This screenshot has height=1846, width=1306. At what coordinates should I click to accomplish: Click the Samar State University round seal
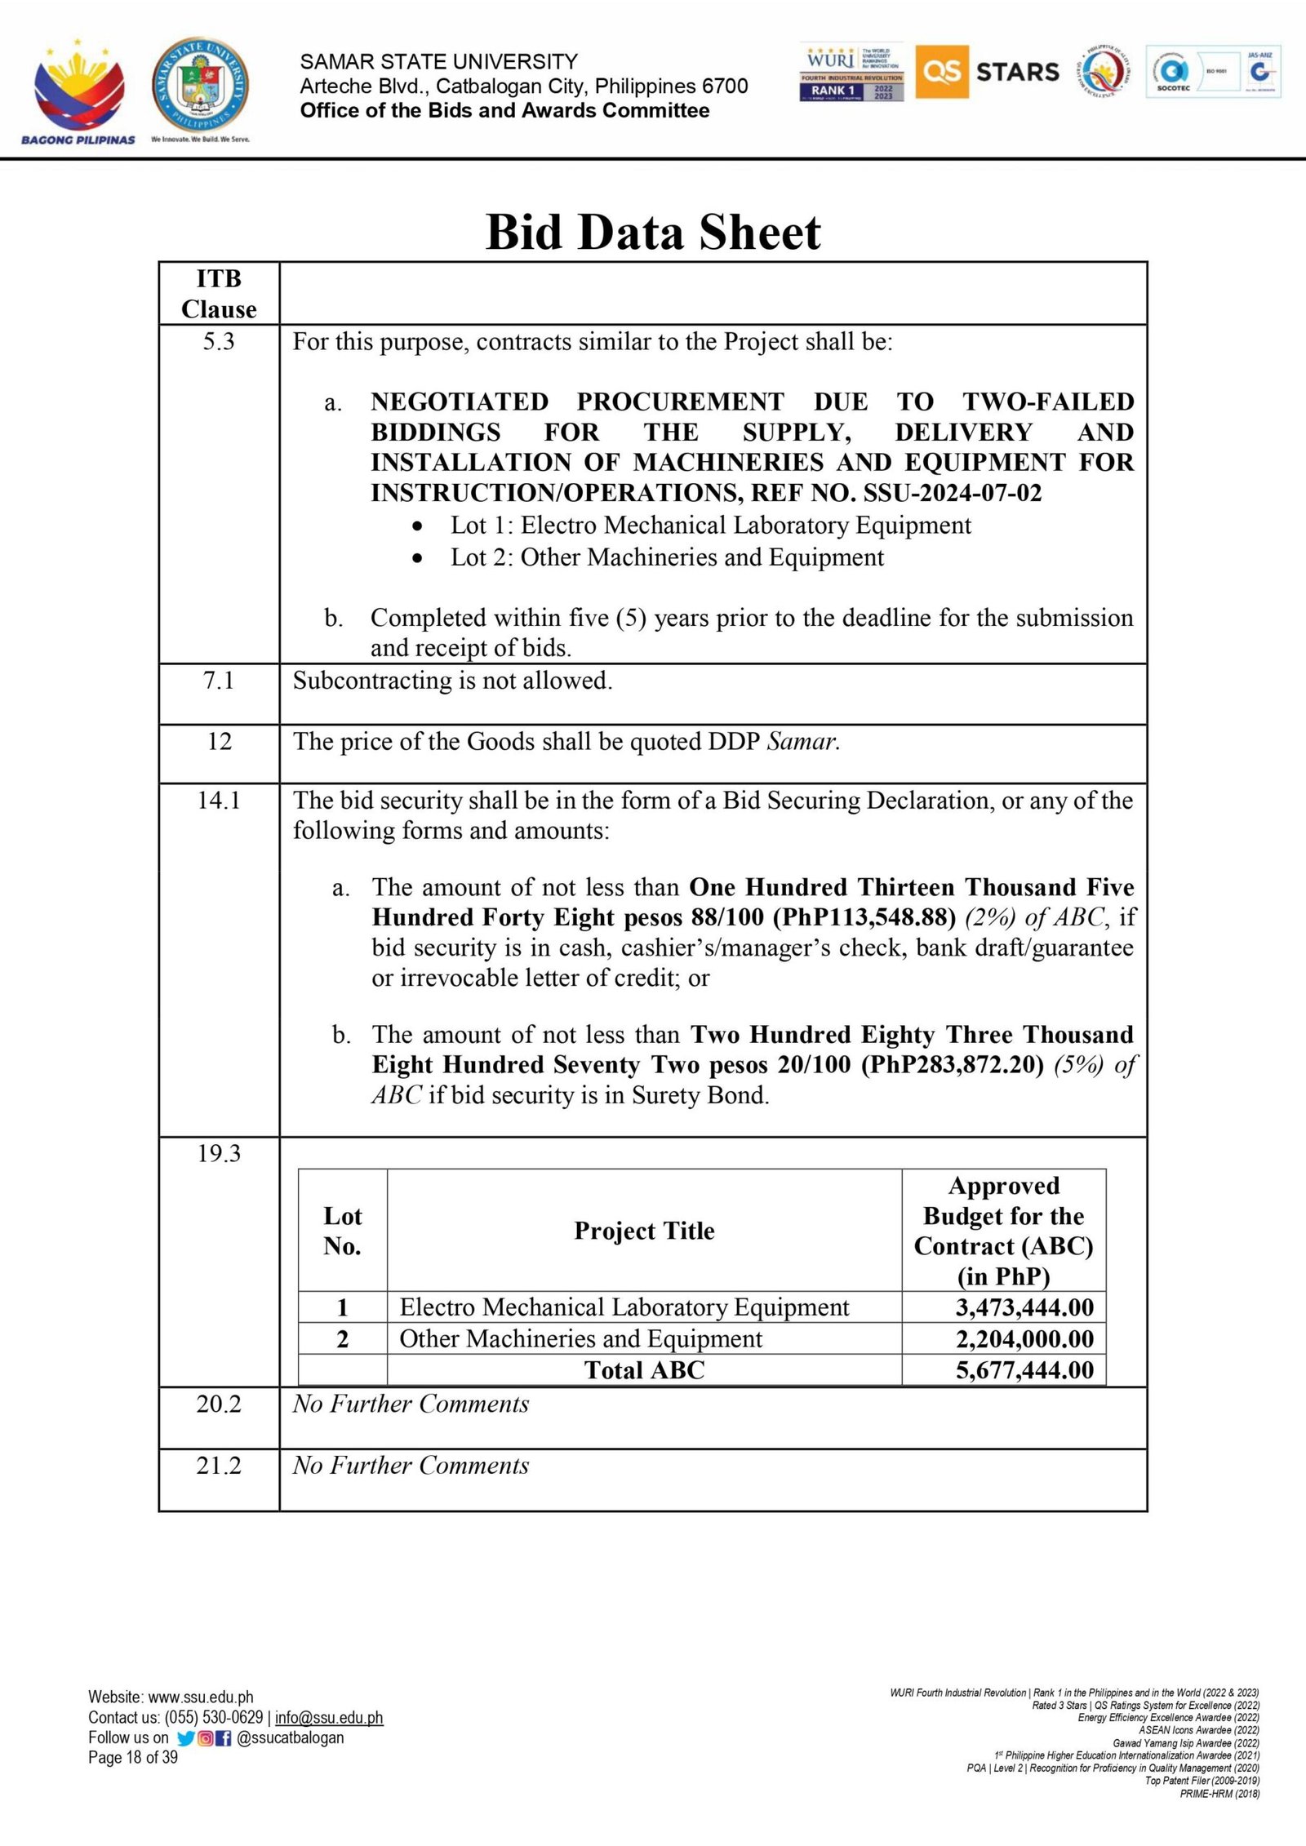point(200,87)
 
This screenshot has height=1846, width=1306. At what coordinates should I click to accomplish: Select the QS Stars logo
point(988,72)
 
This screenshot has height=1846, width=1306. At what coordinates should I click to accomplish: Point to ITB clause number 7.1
point(219,680)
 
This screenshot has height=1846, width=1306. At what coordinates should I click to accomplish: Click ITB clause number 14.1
point(219,800)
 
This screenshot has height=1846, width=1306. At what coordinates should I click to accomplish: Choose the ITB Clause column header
point(219,294)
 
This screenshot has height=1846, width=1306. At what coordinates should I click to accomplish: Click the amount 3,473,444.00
point(1024,1307)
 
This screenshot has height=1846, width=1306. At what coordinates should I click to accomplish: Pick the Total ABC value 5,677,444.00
point(1024,1370)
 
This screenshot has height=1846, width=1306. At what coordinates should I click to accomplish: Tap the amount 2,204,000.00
point(1024,1339)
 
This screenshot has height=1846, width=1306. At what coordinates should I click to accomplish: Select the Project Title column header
point(644,1231)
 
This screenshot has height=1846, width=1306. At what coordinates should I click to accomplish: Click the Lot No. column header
point(342,1231)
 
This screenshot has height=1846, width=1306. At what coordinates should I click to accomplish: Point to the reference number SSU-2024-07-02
point(952,493)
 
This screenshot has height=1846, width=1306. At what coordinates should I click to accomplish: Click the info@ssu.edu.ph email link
point(329,1718)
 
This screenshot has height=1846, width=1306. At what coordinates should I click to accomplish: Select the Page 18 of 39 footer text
point(133,1757)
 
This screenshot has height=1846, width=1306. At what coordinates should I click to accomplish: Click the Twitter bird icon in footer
point(186,1738)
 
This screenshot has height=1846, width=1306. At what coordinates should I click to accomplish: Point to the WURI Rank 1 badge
point(851,72)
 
